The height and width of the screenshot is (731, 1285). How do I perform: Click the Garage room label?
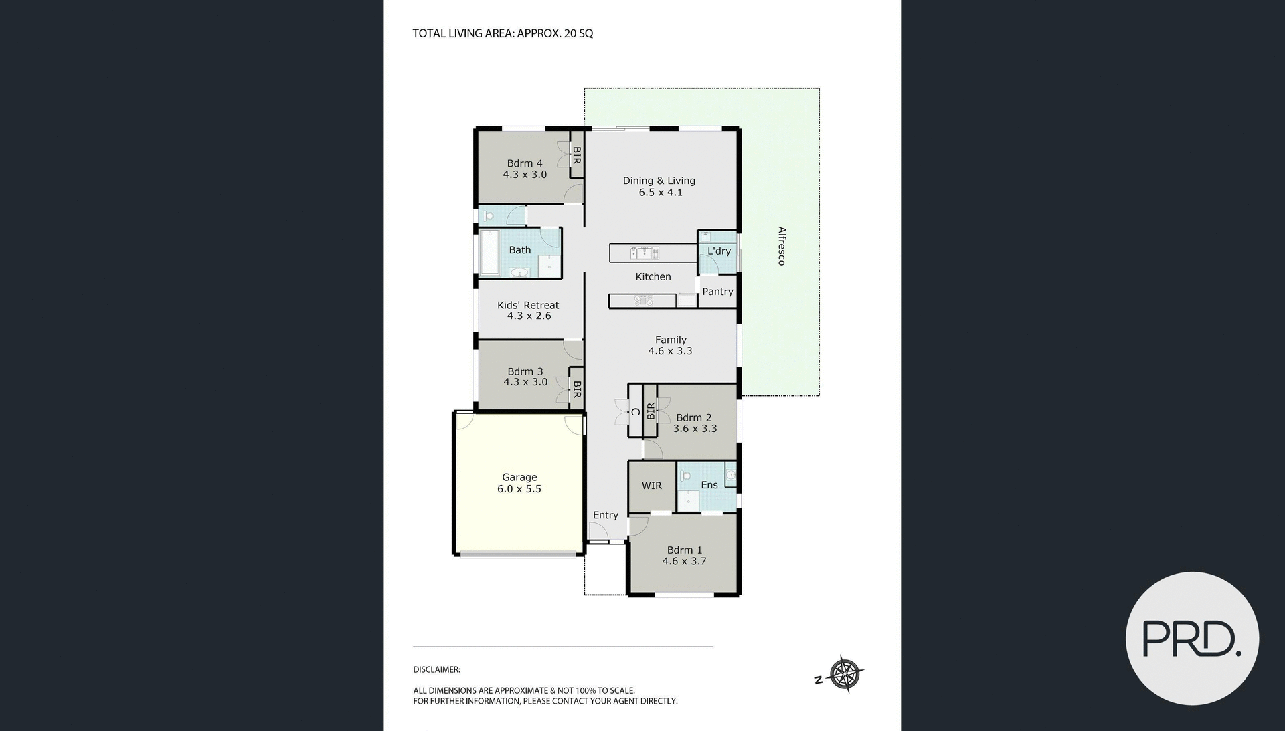(x=519, y=477)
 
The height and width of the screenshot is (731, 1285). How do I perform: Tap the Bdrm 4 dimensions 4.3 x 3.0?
(x=525, y=175)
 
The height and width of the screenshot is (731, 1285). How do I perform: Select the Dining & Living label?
(x=659, y=181)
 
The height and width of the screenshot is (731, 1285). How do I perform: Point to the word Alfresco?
(x=781, y=246)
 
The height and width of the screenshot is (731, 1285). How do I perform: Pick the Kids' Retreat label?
(x=527, y=305)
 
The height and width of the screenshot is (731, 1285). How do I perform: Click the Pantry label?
(x=717, y=292)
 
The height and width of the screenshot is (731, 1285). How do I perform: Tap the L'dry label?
(x=719, y=251)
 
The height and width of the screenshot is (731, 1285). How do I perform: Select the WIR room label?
(x=651, y=486)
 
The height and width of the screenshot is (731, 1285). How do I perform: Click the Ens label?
(x=709, y=486)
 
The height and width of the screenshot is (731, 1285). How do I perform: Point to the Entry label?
(x=605, y=515)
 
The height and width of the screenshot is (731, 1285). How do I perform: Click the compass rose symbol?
(x=845, y=674)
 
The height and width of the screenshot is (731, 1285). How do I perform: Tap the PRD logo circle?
(x=1192, y=638)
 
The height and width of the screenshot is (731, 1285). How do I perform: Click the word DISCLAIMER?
(x=436, y=669)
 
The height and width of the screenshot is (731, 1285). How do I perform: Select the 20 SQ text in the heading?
(x=578, y=33)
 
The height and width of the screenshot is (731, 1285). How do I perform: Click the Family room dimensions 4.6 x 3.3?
(x=670, y=351)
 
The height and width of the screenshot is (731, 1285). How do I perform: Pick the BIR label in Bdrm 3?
(x=576, y=389)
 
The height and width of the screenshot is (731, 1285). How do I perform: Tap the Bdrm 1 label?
(x=684, y=550)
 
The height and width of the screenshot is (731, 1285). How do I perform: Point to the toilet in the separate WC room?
(x=489, y=216)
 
